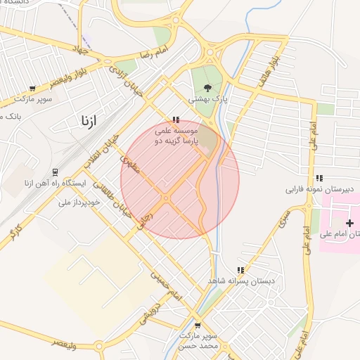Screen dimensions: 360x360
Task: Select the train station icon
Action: coord(55,172)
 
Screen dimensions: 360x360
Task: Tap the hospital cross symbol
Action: coord(349,223)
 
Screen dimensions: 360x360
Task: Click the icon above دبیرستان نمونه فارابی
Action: coord(320,178)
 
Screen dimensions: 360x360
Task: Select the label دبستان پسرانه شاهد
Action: coord(238,281)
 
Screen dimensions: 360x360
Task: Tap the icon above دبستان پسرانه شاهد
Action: coord(240,270)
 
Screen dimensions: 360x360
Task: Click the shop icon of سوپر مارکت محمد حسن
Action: coord(198,326)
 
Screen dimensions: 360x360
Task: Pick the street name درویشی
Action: coord(146,311)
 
